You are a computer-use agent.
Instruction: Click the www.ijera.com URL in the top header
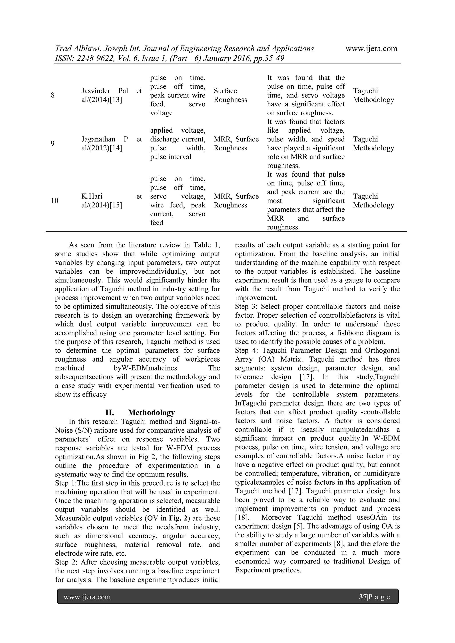(371, 49)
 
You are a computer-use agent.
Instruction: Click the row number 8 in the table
(53, 95)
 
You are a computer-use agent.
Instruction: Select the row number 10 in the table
(55, 201)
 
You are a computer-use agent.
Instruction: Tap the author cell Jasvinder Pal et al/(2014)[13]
(112, 95)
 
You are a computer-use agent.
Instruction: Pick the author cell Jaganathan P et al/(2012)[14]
(112, 144)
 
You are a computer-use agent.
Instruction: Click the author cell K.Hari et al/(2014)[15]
(112, 201)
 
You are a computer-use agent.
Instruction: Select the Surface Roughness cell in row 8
(230, 95)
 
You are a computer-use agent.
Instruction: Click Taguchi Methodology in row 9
(373, 144)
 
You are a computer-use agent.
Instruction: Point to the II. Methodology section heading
(140, 412)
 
